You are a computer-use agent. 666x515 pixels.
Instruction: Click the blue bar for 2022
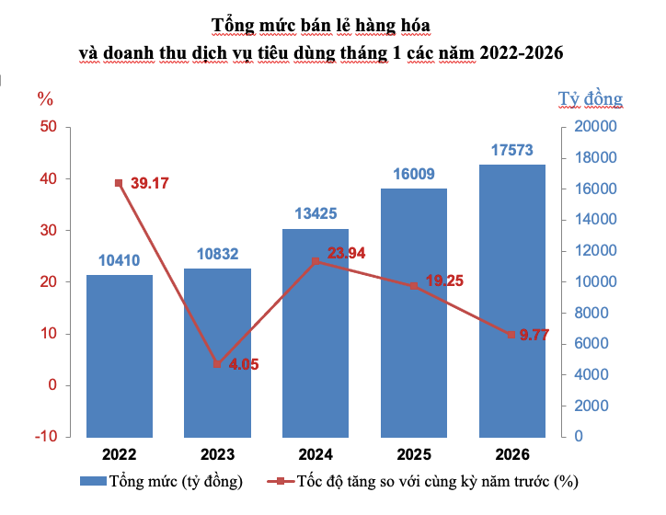point(120,356)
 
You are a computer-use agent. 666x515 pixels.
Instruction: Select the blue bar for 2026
point(512,301)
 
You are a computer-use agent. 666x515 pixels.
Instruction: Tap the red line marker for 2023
point(217,364)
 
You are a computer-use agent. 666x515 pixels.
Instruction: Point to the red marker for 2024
point(316,261)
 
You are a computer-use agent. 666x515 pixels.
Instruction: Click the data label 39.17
point(150,183)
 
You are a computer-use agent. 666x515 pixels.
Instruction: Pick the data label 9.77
point(534,335)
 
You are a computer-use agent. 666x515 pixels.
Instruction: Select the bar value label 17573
point(512,150)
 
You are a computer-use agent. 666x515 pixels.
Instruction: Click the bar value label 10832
point(217,254)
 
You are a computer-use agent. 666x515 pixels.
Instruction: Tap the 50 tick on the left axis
point(49,127)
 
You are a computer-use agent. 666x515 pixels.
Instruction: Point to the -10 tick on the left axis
point(46,436)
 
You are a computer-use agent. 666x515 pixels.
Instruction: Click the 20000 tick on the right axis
point(595,127)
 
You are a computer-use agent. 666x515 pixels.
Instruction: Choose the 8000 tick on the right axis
point(591,313)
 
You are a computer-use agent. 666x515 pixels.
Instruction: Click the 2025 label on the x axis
point(414,454)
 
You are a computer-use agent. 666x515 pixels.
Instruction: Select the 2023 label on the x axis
point(217,454)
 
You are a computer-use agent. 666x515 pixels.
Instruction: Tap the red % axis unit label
point(45,99)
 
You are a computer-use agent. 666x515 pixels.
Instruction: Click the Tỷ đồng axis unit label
point(591,99)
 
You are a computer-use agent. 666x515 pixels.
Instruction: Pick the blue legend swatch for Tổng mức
point(93,481)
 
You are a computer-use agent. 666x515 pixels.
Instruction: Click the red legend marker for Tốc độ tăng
point(281,481)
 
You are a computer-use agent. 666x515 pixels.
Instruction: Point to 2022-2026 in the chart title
point(522,52)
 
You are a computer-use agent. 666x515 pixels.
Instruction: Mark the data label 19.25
point(444,280)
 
